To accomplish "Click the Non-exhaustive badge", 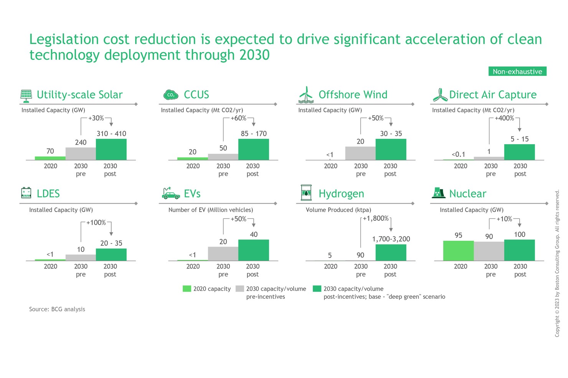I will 517,72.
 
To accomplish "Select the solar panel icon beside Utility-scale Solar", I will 26,96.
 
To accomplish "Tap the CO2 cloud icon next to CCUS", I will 171,95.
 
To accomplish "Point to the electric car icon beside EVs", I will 171,194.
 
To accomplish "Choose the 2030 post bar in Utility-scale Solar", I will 111,150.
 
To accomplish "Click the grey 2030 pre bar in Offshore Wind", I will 360,153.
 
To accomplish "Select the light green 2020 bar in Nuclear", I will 458,251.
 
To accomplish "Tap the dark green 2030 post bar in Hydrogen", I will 391,253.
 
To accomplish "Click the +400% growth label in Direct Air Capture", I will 504,118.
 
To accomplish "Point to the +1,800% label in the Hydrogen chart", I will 376,219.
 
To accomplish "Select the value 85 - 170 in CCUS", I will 254,133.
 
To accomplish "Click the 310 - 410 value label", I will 111,133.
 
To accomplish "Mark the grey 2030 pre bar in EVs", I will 223,254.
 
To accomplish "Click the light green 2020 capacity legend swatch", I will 187,289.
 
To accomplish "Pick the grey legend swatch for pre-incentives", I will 240,289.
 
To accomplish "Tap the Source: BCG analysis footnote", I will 57,309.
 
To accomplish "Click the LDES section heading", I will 48,194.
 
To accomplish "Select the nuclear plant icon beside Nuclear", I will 438,193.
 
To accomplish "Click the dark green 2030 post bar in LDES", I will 111,255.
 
